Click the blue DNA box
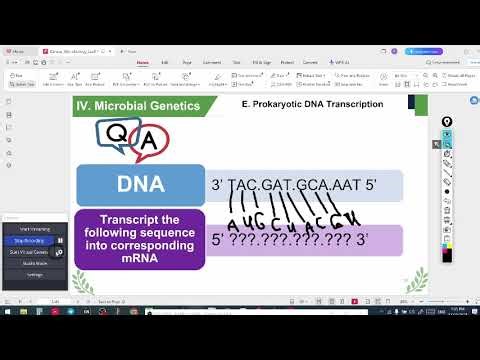(x=140, y=185)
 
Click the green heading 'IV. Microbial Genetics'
(x=138, y=106)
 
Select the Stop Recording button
(x=28, y=241)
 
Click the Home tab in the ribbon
(x=143, y=62)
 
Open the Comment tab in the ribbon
(x=212, y=62)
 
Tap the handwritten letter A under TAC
(x=232, y=222)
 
